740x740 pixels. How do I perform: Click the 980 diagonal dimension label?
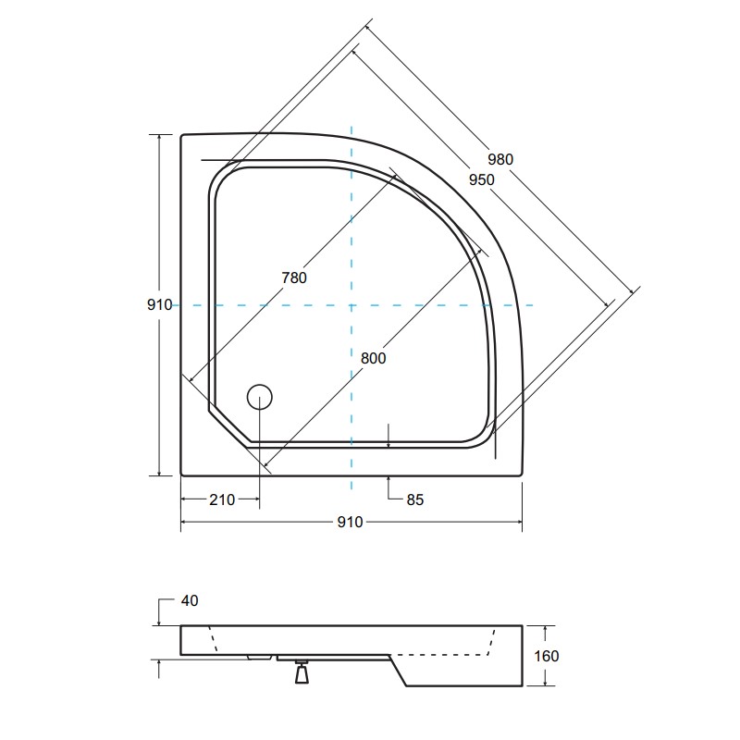coord(500,159)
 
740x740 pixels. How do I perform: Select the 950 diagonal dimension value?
coord(482,179)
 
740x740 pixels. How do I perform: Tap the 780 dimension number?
coord(294,278)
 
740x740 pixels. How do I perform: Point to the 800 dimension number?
coord(374,359)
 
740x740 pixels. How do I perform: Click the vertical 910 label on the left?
coord(159,305)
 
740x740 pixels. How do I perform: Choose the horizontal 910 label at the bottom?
coord(351,522)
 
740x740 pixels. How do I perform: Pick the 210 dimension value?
coord(222,499)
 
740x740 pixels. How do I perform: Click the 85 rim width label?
coord(415,499)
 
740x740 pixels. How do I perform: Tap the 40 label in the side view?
coord(190,600)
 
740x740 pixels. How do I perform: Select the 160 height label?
coord(546,656)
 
